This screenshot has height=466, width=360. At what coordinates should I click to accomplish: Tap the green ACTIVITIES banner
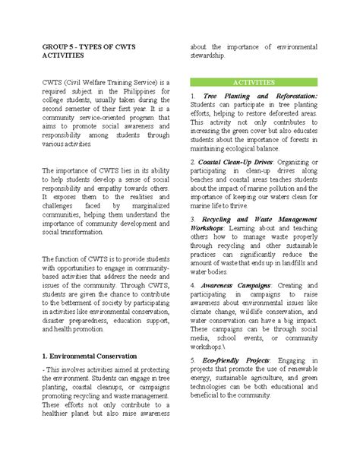tap(253, 81)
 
